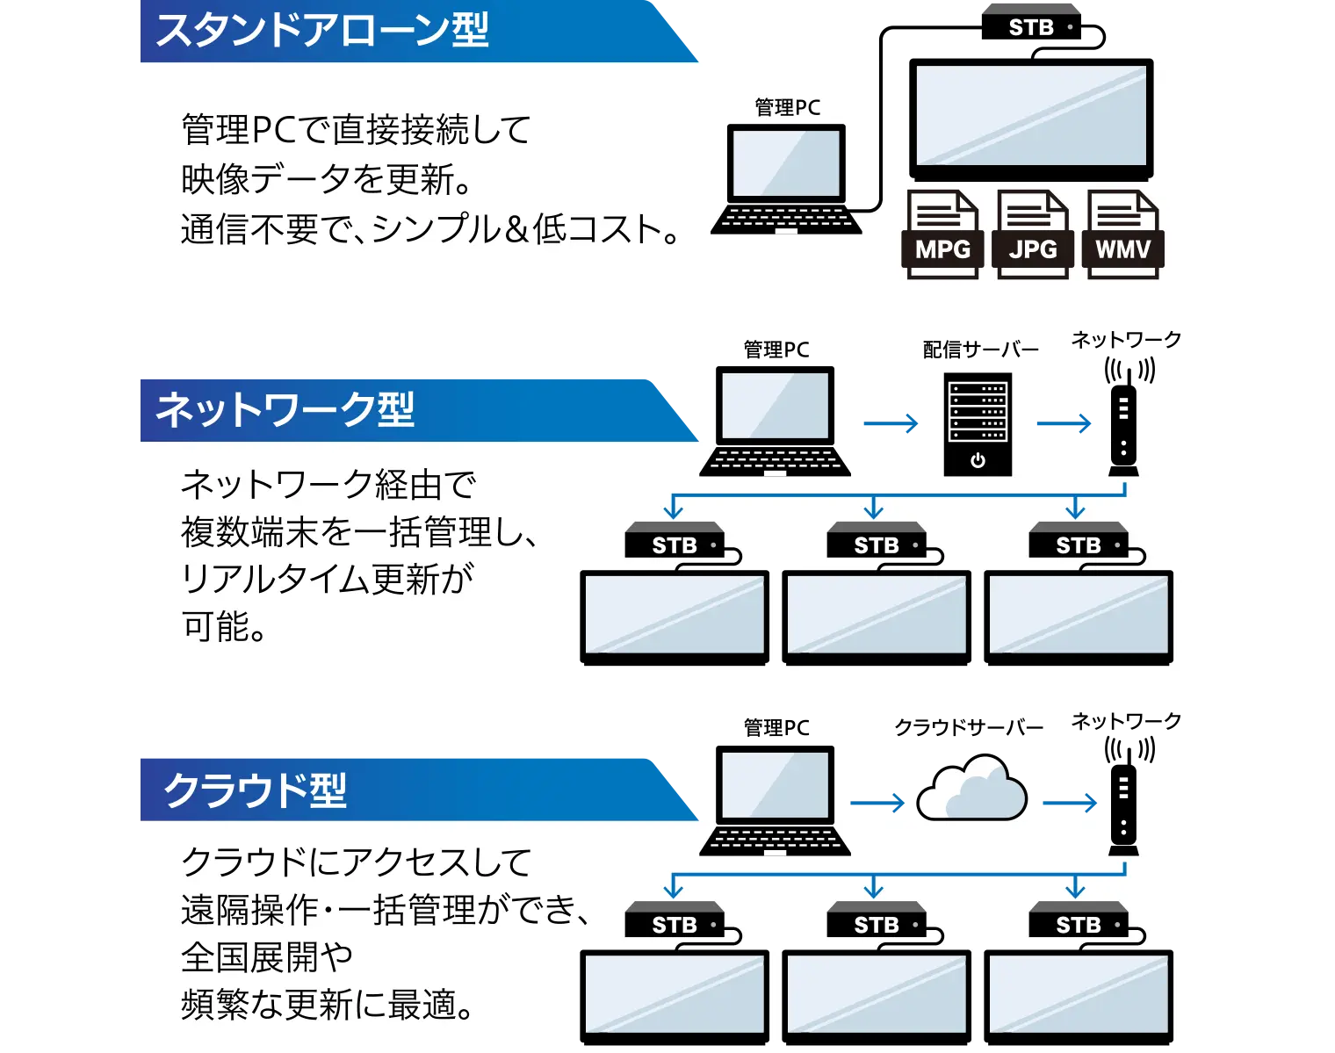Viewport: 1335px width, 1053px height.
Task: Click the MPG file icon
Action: [x=942, y=235]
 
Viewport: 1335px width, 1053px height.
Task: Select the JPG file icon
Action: [x=1033, y=235]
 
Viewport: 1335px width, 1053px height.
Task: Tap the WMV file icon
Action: [x=1122, y=235]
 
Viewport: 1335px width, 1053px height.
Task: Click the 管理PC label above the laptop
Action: [x=788, y=107]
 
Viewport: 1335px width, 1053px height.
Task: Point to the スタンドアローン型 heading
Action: [x=322, y=30]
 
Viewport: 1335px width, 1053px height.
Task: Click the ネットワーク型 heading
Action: [x=285, y=409]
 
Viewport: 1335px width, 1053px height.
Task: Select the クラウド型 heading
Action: [x=256, y=790]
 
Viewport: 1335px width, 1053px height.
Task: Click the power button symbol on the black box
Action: [x=978, y=460]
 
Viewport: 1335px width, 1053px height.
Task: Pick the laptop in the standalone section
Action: [x=787, y=179]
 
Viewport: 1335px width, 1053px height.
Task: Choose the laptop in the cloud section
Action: [x=776, y=802]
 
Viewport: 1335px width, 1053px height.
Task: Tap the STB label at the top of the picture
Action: [x=1031, y=28]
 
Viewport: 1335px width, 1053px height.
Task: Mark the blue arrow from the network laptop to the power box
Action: [x=888, y=424]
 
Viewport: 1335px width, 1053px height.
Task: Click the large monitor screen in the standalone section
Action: [x=1029, y=115]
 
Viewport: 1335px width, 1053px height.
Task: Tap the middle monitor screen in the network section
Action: [x=877, y=614]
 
